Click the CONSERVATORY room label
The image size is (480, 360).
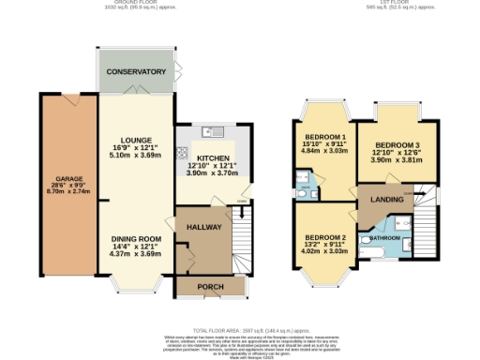point(136,72)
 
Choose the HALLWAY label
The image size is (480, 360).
point(202,227)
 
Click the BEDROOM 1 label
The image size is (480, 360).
point(324,137)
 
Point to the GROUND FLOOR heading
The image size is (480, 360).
point(128,4)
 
